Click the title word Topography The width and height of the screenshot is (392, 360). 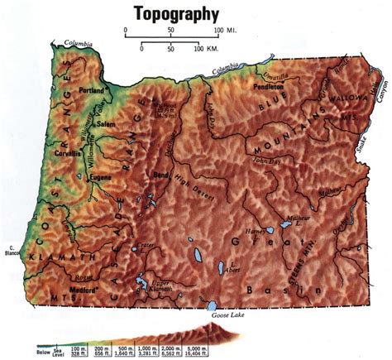(177, 13)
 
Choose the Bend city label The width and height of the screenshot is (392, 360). (160, 176)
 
